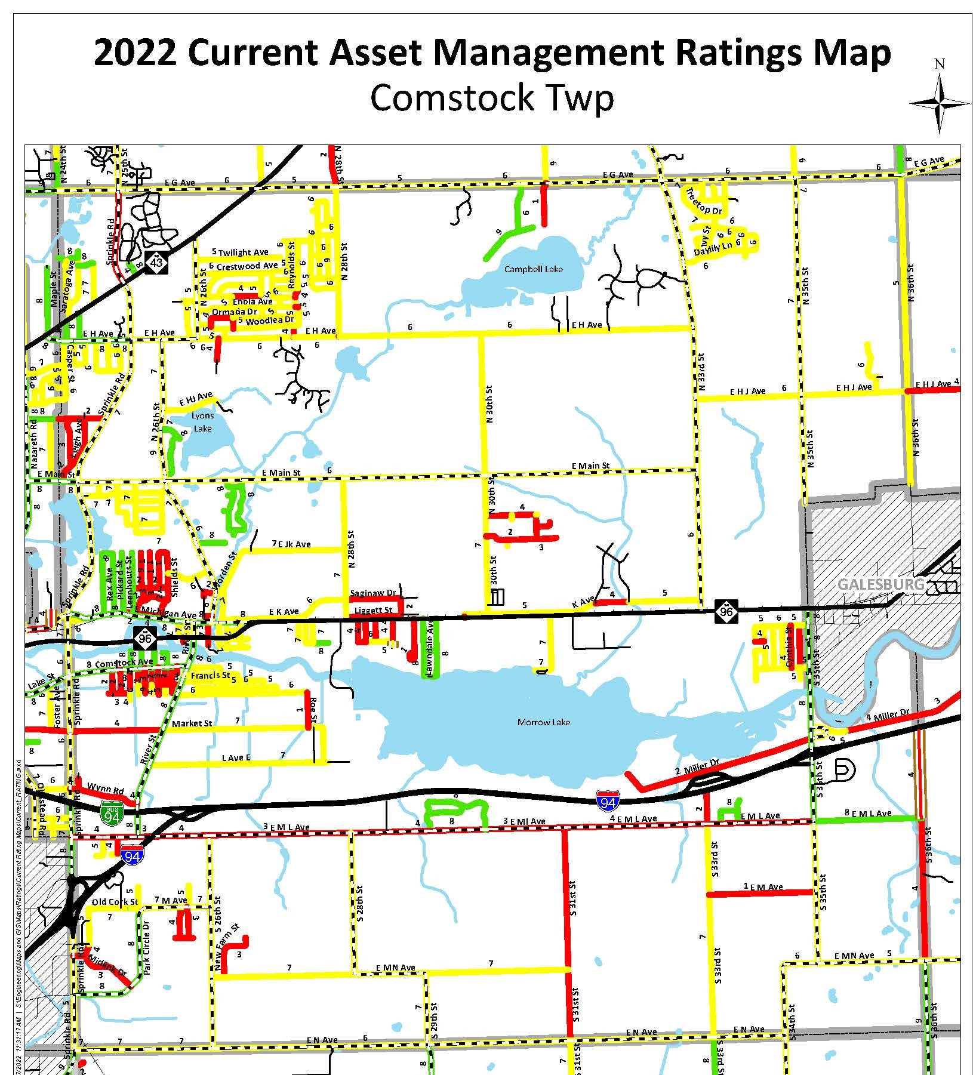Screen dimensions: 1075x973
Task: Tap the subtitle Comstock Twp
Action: coord(491,98)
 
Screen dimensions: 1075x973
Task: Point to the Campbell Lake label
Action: coord(533,269)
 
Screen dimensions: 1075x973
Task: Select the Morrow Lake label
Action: coord(543,722)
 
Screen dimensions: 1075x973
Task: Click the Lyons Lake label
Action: coord(203,422)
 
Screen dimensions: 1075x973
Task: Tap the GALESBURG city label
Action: coord(880,584)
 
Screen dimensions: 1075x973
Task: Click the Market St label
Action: coord(192,723)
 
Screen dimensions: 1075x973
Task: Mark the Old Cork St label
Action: coord(115,902)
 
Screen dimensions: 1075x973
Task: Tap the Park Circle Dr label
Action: coord(146,959)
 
